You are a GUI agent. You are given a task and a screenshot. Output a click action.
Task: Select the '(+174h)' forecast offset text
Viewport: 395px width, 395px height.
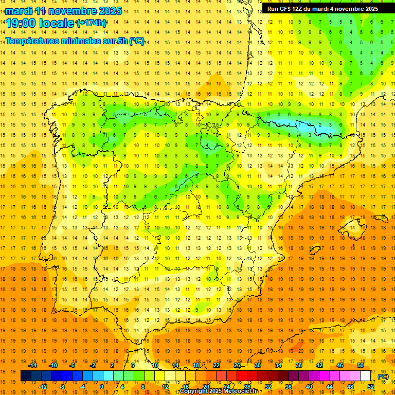click(x=91, y=23)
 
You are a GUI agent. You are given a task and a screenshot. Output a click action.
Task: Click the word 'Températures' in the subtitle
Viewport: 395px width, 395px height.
click(x=35, y=41)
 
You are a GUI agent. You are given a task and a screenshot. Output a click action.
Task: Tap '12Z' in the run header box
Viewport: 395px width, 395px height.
click(x=302, y=8)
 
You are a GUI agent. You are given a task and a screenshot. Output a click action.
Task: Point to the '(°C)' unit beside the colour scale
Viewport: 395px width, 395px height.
click(x=383, y=376)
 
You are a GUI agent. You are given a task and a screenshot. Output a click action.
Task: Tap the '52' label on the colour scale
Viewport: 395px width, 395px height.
click(x=371, y=387)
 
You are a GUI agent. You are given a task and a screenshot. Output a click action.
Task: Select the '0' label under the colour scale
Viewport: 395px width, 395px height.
click(x=102, y=387)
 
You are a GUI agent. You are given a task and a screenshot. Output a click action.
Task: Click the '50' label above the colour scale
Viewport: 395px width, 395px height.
click(x=361, y=365)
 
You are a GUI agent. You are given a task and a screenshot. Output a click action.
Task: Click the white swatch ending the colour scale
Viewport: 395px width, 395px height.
click(x=366, y=376)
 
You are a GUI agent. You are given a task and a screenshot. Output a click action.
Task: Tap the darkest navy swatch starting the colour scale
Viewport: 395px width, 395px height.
click(x=26, y=376)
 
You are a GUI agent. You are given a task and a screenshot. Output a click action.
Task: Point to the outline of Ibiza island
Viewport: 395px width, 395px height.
click(x=314, y=249)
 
